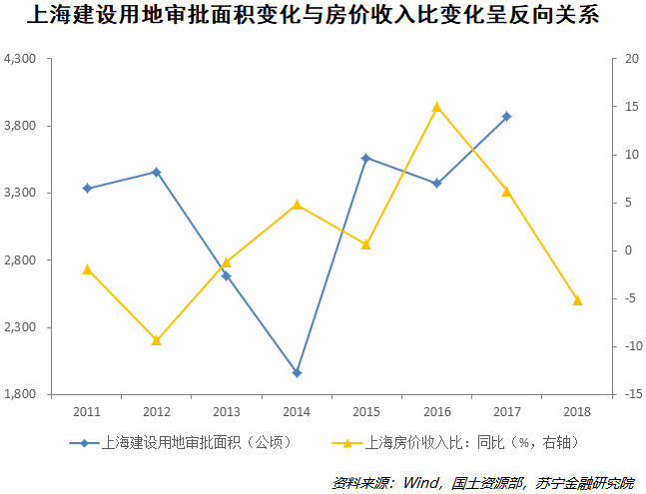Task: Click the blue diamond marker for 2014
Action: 297,373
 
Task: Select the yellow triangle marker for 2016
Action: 436,107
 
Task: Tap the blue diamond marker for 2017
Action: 506,117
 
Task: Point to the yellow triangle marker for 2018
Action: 577,299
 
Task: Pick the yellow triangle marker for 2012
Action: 157,340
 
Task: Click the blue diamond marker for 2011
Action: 87,188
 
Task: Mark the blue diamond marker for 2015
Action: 366,158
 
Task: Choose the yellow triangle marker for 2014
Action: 297,205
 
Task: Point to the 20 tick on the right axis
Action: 630,59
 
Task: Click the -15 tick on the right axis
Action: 630,394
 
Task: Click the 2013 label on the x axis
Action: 227,411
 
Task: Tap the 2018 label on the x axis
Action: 577,411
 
